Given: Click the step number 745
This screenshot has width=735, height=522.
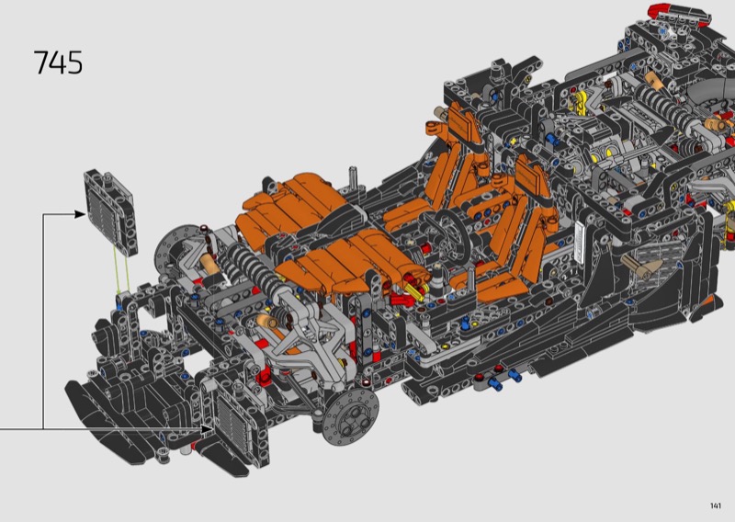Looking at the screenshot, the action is click(59, 62).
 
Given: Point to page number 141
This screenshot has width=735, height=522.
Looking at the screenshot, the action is click(716, 505).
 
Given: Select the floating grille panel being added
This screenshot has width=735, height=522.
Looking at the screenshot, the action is click(110, 212).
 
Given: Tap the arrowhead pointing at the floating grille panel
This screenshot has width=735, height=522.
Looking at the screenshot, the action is click(80, 214).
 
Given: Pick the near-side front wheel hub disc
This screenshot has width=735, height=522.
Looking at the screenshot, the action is click(350, 416).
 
